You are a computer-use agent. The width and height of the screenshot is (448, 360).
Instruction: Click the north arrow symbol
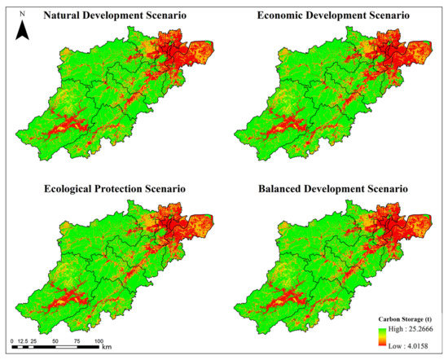click(24, 32)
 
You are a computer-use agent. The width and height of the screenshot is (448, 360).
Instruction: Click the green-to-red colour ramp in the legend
click(384, 338)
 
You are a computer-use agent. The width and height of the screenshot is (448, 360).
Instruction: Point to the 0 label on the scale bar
click(12, 340)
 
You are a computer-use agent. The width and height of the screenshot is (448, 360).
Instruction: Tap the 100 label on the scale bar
click(99, 340)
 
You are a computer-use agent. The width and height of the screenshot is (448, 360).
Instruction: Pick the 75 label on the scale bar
click(77, 340)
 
